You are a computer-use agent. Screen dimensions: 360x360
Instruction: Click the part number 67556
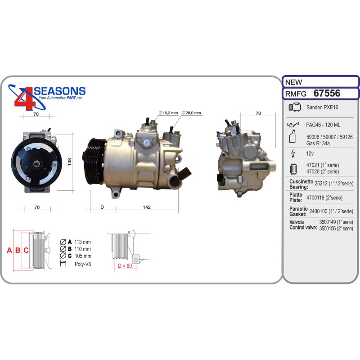pos(327,93)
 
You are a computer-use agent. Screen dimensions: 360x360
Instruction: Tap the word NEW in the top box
pos(293,82)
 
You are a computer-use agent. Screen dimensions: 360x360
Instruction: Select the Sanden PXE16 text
pos(322,107)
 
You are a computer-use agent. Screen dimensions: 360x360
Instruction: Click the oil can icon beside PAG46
pos(293,125)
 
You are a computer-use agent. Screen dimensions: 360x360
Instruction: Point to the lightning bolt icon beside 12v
pos(293,153)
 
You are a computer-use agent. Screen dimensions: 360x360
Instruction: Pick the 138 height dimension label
pos(70,162)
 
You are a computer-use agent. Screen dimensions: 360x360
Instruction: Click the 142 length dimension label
pos(147,207)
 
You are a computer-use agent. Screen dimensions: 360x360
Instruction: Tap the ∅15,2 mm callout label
pos(168,113)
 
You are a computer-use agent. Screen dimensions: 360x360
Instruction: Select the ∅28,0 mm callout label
pos(191,113)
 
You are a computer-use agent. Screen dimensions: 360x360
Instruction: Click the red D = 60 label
pos(125,265)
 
